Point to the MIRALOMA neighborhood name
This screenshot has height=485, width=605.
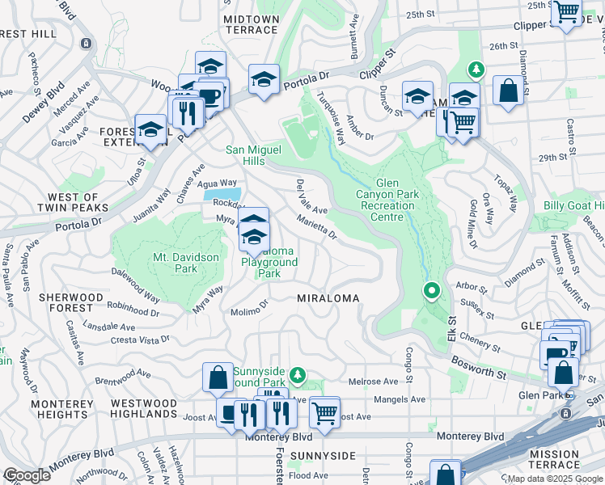[328, 298]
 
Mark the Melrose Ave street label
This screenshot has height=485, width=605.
[373, 382]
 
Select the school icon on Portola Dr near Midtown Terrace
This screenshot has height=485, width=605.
[264, 81]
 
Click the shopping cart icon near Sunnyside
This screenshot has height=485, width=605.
[324, 411]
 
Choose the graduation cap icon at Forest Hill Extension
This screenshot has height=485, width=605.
[150, 129]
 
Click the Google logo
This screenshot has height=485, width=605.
[27, 475]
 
